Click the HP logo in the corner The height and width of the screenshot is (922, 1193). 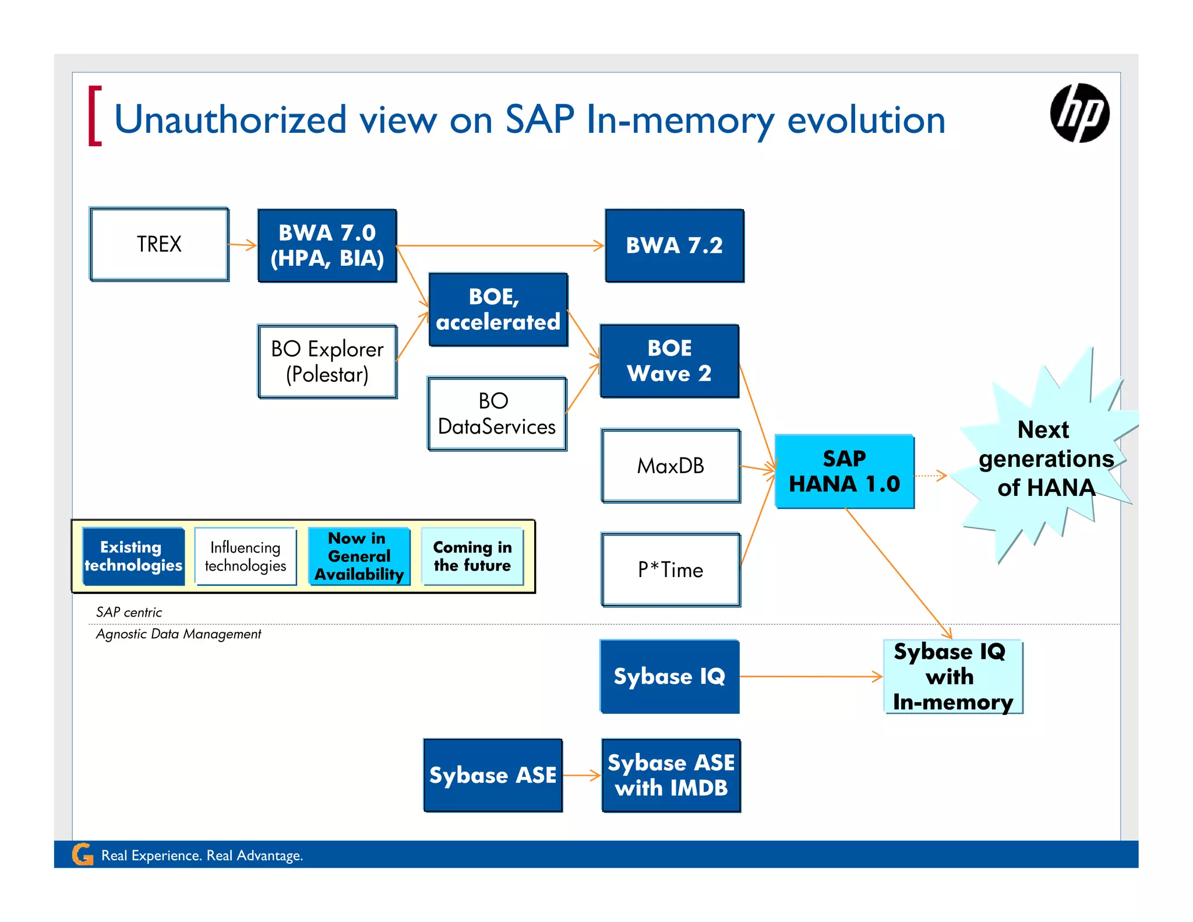coord(1079,113)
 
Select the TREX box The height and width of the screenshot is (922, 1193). coord(159,244)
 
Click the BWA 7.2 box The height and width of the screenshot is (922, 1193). coord(674,245)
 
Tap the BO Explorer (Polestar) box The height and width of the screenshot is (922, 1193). coord(327,361)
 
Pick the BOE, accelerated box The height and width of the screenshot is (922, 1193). coord(498,309)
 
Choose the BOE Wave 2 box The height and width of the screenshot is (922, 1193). coord(669,361)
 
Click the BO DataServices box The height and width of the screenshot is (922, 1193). coord(497,414)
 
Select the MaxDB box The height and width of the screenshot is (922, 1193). coord(670,466)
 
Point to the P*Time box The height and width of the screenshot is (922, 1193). coord(670,569)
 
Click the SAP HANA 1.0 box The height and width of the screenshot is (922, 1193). coord(844,471)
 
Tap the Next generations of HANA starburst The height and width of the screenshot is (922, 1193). coord(1046,459)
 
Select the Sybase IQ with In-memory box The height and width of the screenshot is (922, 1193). coord(952,677)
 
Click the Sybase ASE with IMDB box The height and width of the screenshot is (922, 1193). coord(671,775)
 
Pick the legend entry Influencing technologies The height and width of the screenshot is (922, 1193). coord(245,556)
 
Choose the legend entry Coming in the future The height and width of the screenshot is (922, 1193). coord(472,556)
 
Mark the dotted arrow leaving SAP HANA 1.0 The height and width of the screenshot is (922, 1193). coord(930,476)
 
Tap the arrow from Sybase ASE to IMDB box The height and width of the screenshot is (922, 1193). coord(581,775)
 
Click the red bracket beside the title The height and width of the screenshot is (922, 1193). coord(94,116)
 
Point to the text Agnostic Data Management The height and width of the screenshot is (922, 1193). coord(178,634)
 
